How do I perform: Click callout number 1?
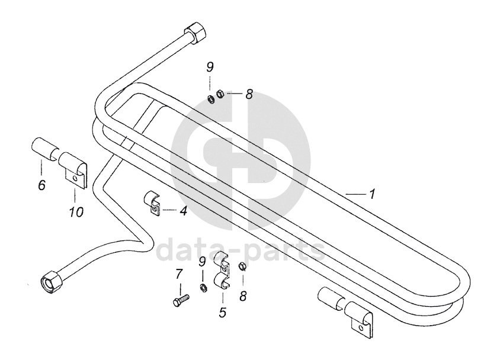coord(371,194)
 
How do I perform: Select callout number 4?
coord(184,210)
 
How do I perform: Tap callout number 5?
coord(222,312)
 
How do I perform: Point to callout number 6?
coord(41,185)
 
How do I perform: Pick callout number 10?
coord(75,211)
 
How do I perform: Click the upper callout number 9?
coord(210,67)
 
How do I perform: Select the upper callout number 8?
coord(249,94)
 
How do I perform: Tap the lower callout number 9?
coord(202,261)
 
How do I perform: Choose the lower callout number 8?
coord(242,296)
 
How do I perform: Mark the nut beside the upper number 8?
coord(220,94)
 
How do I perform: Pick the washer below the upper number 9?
coord(210,97)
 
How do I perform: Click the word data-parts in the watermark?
coord(239,250)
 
